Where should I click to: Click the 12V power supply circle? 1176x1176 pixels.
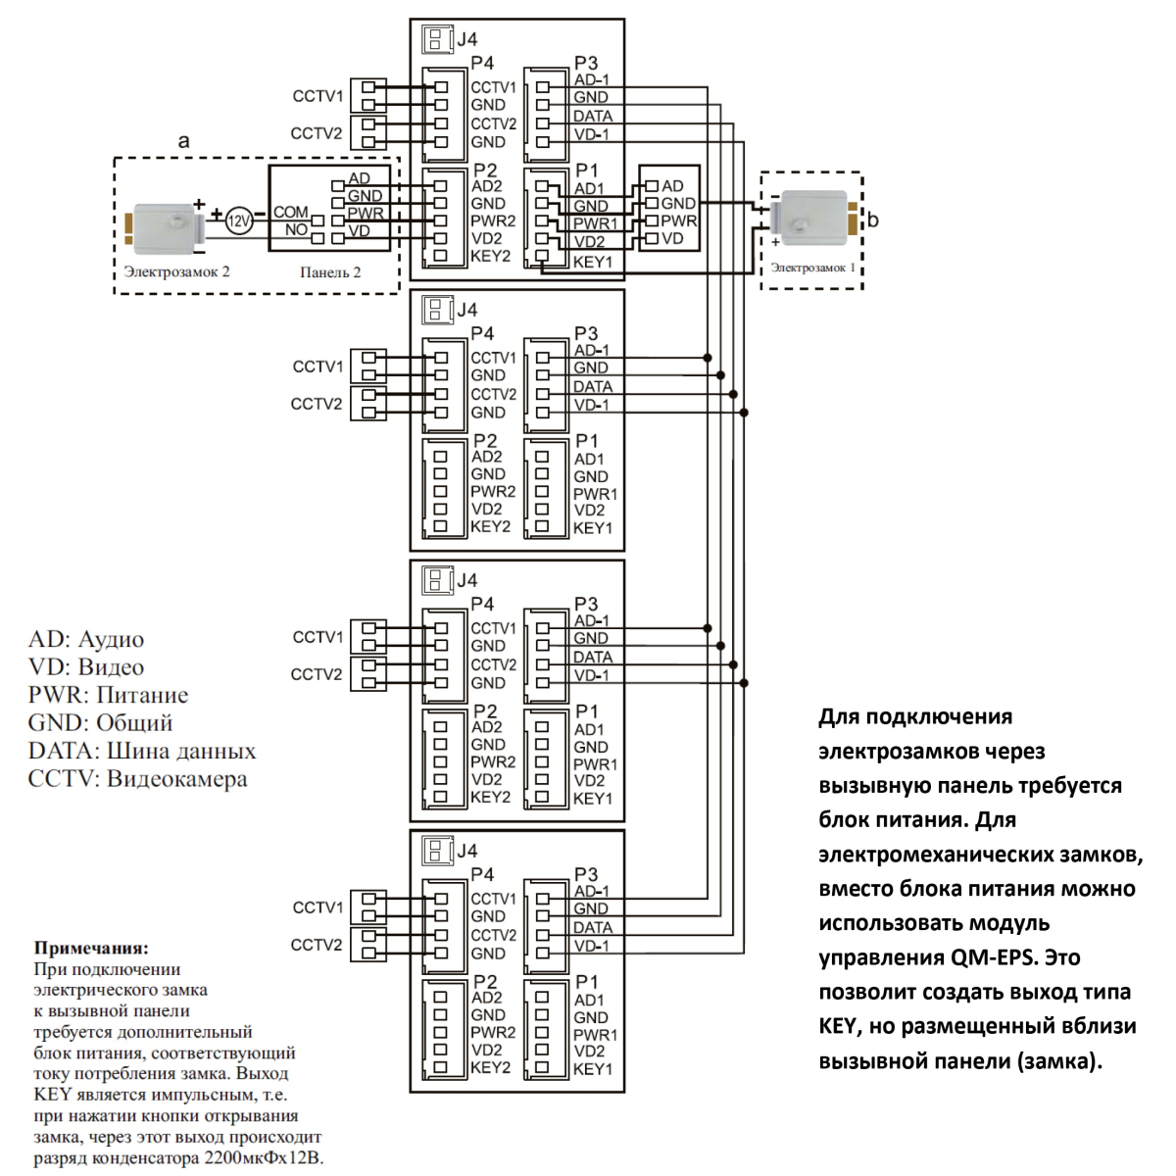[x=238, y=220]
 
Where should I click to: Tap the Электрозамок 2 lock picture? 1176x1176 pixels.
[x=165, y=227]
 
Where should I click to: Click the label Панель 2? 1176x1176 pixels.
[x=330, y=272]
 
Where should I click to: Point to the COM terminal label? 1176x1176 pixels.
[x=290, y=212]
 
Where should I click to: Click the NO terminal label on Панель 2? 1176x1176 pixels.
[x=296, y=229]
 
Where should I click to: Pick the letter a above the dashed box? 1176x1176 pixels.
[x=183, y=141]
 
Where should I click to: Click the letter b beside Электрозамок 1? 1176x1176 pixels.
[x=873, y=220]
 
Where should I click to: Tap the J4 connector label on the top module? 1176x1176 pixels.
[x=466, y=39]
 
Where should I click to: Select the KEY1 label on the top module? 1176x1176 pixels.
[x=593, y=263]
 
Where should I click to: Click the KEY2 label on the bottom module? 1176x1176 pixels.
[x=490, y=1067]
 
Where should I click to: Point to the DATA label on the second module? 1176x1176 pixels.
[x=593, y=386]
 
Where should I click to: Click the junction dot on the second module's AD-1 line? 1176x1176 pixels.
[x=708, y=358]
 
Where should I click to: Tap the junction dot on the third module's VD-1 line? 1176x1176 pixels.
[x=744, y=683]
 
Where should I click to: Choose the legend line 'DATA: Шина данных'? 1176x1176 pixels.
[x=142, y=751]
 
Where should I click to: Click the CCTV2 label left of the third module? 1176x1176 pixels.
[x=317, y=674]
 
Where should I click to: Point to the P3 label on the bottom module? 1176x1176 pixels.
[x=586, y=874]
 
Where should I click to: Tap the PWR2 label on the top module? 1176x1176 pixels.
[x=493, y=220]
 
